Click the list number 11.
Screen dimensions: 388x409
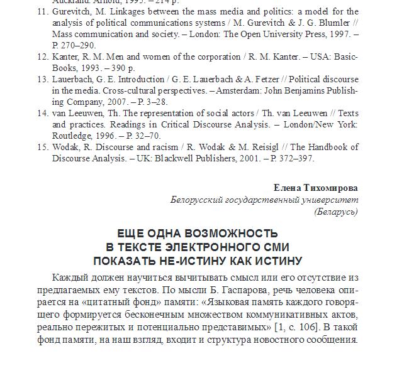42,11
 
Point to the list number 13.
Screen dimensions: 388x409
42,79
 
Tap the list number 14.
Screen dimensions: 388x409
42,113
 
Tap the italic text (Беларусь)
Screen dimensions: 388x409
336,212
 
